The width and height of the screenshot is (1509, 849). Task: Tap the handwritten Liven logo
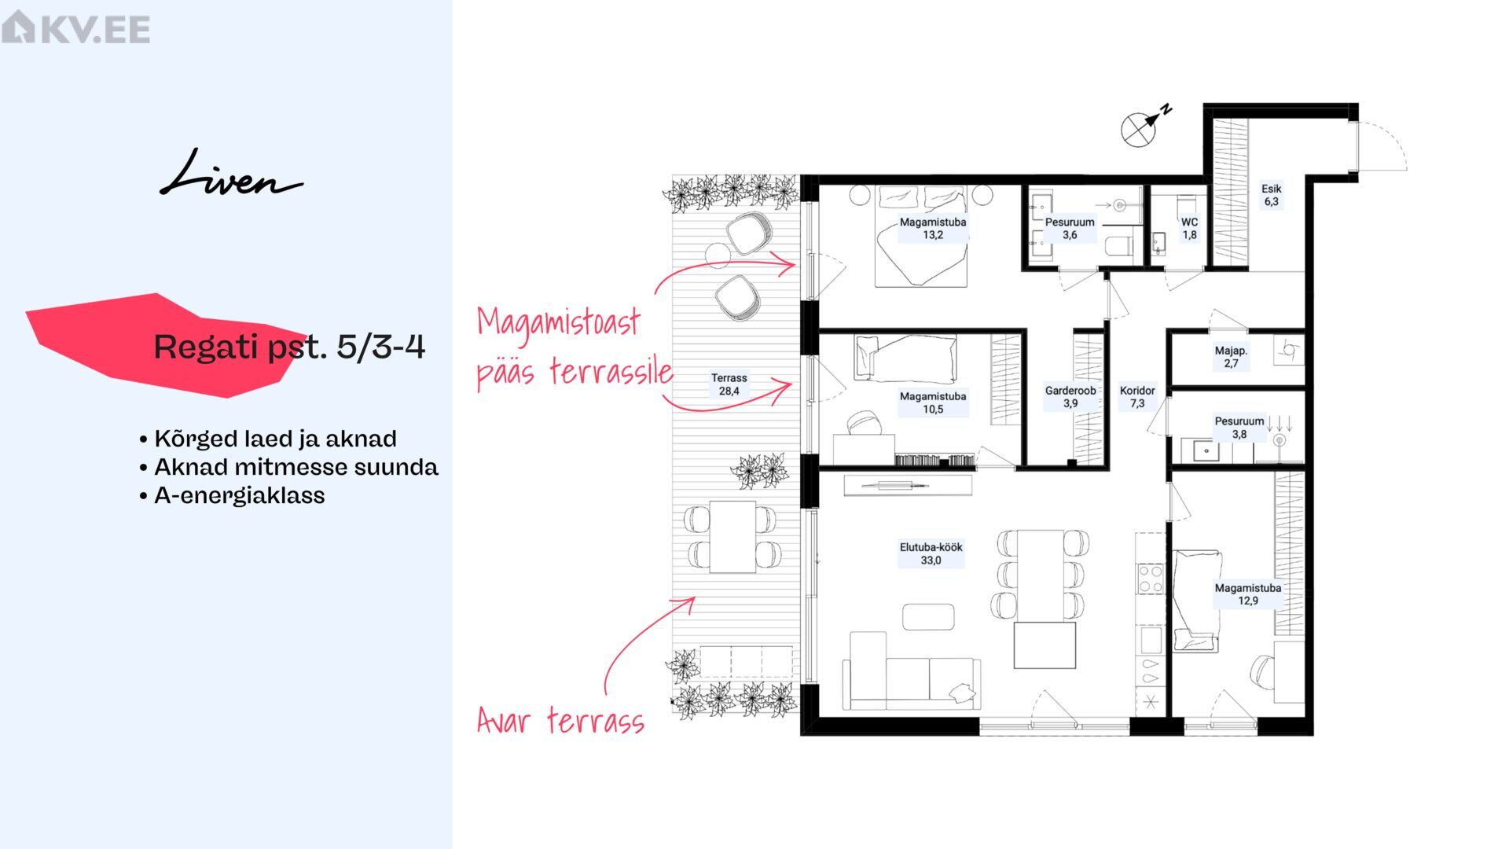coord(231,173)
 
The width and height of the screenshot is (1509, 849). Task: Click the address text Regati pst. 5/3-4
coord(289,347)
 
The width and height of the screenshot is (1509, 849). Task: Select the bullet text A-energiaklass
coord(239,495)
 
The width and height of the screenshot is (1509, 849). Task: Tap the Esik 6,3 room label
coord(1271,195)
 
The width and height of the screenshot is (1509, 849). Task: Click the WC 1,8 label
coord(1189,229)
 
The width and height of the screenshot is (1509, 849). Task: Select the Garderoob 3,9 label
coord(1070,397)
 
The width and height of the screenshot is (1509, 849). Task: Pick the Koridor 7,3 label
coord(1137,397)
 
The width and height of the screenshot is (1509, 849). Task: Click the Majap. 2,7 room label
coord(1231,357)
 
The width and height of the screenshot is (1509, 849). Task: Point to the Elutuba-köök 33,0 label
coord(931,553)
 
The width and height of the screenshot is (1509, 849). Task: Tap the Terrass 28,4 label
coord(729,384)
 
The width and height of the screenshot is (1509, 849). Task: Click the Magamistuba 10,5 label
coord(933,402)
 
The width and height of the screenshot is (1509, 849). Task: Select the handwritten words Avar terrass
coord(561,719)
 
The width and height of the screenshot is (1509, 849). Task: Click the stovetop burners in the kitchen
coord(1151,579)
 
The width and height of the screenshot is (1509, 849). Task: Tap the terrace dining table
coord(732,536)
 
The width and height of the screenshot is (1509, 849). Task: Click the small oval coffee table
coord(928,617)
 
